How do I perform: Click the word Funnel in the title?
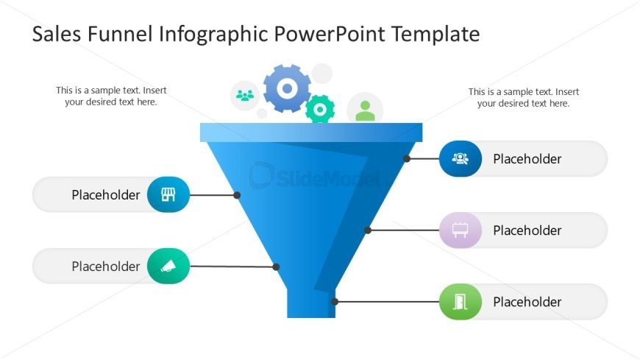point(120,34)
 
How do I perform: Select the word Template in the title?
point(436,34)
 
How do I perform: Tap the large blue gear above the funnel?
point(287,88)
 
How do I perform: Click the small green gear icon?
point(320,109)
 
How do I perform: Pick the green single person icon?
point(365,110)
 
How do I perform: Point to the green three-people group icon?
point(245,96)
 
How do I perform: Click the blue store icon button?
point(168,194)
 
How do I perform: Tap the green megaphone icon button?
point(168,266)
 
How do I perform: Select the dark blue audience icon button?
point(461,158)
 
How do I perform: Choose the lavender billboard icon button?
point(461,230)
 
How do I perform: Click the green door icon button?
point(461,302)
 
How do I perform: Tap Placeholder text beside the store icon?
point(106,195)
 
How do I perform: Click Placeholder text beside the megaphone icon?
point(106,267)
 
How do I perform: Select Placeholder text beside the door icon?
point(527,302)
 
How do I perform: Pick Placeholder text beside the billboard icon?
point(527,230)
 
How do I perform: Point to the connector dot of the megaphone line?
point(276,267)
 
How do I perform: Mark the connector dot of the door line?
point(335,302)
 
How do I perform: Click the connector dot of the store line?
point(237,195)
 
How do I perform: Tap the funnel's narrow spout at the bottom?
point(311,303)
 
